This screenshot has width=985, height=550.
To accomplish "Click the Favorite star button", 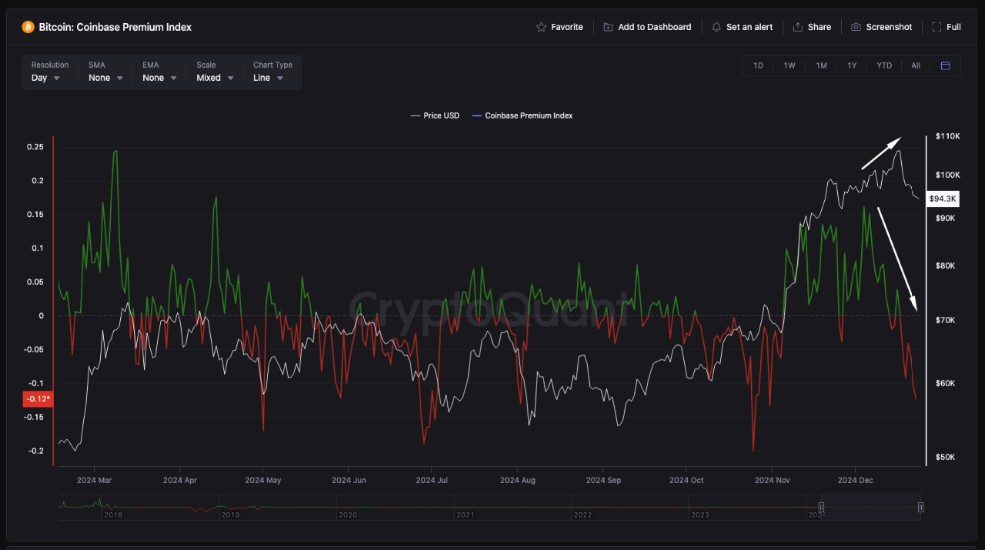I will coord(559,27).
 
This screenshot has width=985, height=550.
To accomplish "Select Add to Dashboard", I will coord(647,27).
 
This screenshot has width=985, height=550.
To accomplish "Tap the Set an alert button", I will coord(742,27).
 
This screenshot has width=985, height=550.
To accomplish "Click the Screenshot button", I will coord(881,27).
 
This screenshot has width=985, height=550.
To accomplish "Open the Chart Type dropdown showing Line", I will coord(268,78).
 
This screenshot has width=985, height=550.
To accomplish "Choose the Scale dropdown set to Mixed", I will coord(214,78).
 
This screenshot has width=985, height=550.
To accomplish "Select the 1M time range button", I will coord(821,65).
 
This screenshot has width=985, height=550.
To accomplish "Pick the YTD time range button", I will coord(884,65).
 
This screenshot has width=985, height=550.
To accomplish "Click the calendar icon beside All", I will coord(946,65).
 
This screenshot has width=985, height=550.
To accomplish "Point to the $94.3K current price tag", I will coord(943,198).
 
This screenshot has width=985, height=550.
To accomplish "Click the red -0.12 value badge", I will coord(38,398).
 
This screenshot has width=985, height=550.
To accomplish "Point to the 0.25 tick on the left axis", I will coord(36,147).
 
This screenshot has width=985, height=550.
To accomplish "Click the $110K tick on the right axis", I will coord(947,136).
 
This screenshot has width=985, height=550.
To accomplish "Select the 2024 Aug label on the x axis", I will coord(517,480).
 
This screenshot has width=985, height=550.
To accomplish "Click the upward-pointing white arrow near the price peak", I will coord(880,153).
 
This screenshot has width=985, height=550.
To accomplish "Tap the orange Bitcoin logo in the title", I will coord(28,27).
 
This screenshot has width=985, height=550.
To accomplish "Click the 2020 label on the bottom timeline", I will coord(348,515).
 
